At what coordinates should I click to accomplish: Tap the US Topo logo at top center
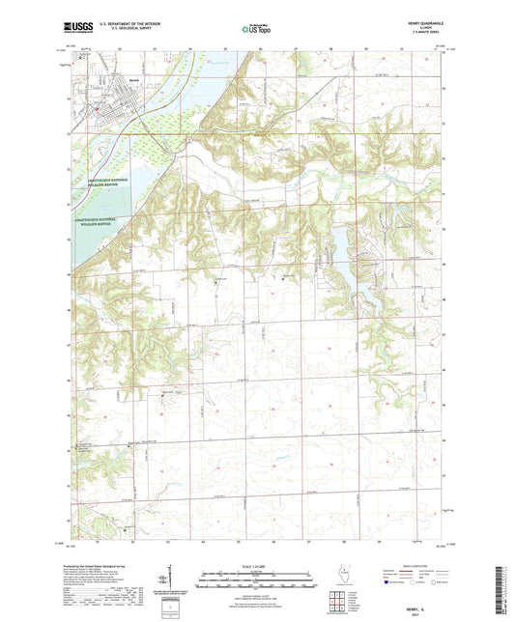click(257, 30)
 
